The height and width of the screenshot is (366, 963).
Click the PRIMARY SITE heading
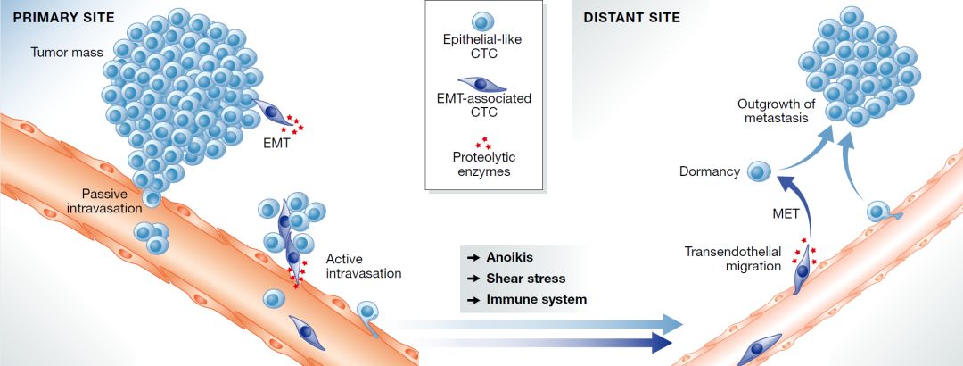(x=63, y=17)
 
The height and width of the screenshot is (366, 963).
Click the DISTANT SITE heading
(x=631, y=17)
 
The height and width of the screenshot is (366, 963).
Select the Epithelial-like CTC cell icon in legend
(x=482, y=22)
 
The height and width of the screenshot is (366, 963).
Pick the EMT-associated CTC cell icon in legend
(x=482, y=84)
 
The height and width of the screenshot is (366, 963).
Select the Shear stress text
(x=526, y=278)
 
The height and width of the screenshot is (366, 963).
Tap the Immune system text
(x=536, y=300)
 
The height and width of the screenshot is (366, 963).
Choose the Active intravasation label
(x=364, y=266)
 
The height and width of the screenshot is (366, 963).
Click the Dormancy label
(x=710, y=171)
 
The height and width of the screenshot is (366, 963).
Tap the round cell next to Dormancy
(x=759, y=171)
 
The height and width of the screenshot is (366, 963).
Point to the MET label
(x=786, y=213)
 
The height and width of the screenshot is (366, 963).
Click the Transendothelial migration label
(x=733, y=258)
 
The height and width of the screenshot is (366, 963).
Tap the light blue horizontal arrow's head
(x=672, y=322)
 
